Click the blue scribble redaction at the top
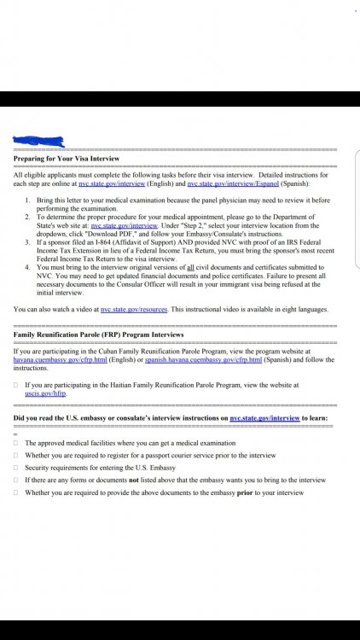(x=38, y=140)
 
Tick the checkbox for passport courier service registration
(x=16, y=456)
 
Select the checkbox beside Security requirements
(x=16, y=468)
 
